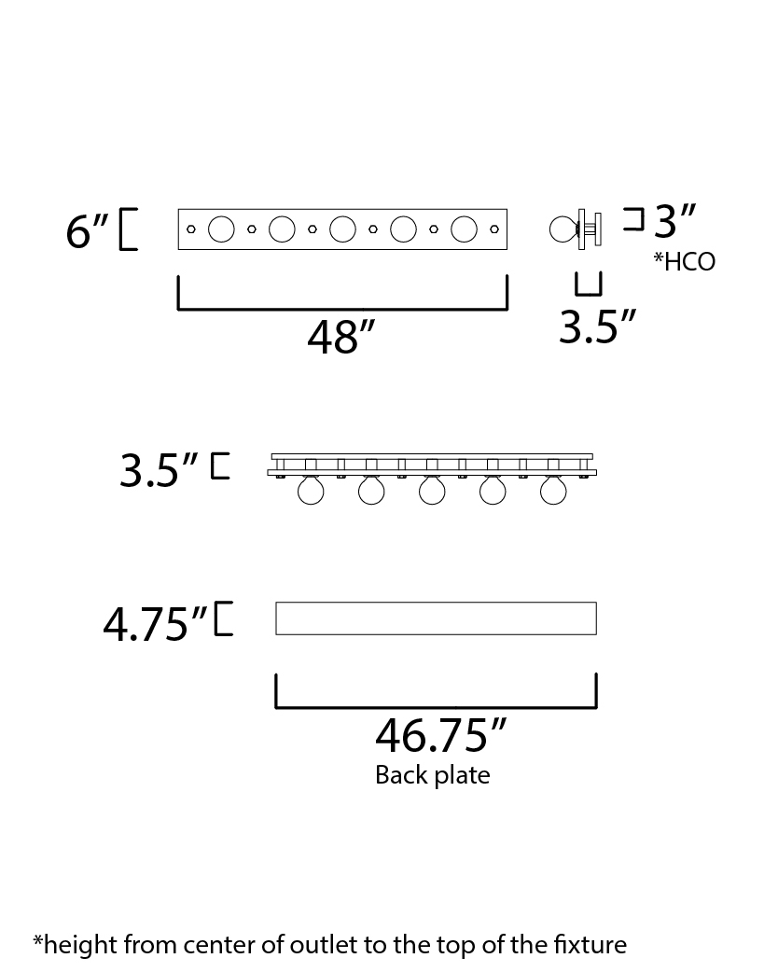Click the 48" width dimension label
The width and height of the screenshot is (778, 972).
[x=341, y=338]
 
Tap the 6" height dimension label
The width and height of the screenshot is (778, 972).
[x=88, y=231]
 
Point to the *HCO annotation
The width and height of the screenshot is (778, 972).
[x=685, y=261]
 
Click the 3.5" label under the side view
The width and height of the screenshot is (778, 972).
[x=598, y=326]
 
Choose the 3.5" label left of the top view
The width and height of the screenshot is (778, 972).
[x=159, y=470]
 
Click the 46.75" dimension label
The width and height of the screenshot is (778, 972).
[x=440, y=735]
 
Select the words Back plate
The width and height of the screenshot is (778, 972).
[x=433, y=775]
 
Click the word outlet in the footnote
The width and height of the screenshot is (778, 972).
[x=325, y=945]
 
